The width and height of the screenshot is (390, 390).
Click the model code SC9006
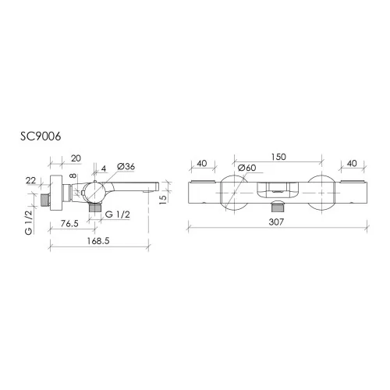click(x=41, y=136)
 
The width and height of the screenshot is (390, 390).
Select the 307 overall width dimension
click(x=276, y=222)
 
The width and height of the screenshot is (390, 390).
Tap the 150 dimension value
click(x=278, y=157)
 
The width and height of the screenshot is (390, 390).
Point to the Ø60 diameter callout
click(x=246, y=168)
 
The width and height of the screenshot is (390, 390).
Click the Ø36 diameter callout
click(x=126, y=166)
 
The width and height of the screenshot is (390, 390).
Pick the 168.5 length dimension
click(x=98, y=241)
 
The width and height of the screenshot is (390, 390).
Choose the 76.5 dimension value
click(x=69, y=223)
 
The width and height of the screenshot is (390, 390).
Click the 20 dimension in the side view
click(x=76, y=158)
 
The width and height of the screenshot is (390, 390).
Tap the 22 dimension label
click(x=30, y=180)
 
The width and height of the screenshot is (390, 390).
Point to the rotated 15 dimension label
click(x=163, y=199)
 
